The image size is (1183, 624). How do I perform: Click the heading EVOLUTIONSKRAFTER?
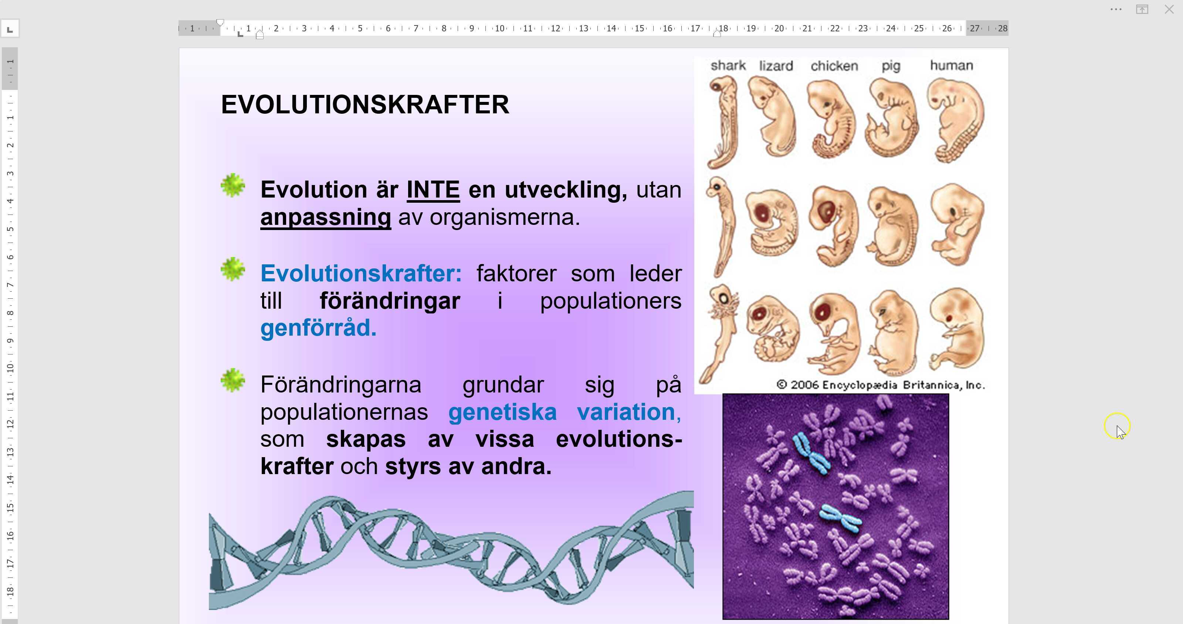tap(365, 104)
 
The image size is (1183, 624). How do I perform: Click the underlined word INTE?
tap(433, 189)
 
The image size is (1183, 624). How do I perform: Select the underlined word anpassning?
tap(326, 217)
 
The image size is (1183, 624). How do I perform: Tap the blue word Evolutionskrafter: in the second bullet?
tap(361, 274)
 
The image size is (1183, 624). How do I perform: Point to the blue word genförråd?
tap(318, 328)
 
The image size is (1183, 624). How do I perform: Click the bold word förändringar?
tap(390, 301)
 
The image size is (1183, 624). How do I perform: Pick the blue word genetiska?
tap(502, 412)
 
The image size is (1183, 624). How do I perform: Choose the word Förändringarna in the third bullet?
tap(341, 384)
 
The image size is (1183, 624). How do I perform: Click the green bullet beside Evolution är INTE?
tap(233, 185)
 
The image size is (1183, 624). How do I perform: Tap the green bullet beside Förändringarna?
tap(233, 380)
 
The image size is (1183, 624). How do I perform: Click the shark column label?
tap(728, 66)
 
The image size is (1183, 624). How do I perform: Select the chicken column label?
tap(834, 66)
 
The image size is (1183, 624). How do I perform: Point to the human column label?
tap(952, 66)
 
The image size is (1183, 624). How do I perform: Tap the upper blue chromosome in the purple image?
tap(811, 453)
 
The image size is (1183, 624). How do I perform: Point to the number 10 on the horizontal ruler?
tap(500, 28)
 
